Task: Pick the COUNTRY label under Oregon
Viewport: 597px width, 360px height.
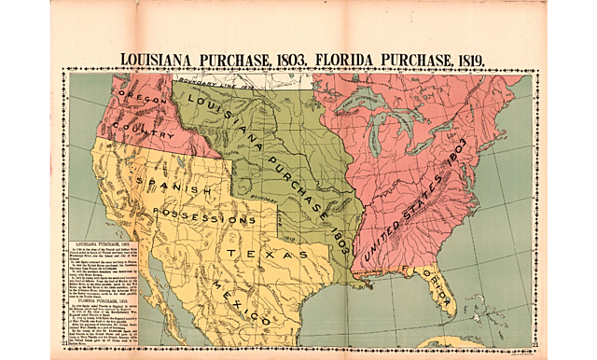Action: tap(142, 130)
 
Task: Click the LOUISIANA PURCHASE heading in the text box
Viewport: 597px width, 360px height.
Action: tap(103, 242)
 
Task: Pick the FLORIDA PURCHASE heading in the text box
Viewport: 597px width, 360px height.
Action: tap(103, 301)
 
